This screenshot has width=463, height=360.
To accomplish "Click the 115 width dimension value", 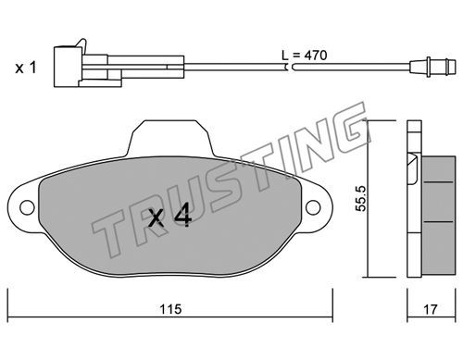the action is pos(170,309).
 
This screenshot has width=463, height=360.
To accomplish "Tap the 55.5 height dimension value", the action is pos(360,198).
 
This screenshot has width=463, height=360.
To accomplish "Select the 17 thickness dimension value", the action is pos(431,309).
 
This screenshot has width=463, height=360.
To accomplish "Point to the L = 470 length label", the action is pos(304,56).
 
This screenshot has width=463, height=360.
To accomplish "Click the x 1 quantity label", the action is pos(26,68).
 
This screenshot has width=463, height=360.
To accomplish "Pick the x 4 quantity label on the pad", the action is pos(170,217).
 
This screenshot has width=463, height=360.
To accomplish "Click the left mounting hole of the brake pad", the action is pos(27,207).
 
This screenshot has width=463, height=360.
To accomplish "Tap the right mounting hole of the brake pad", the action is pos(313,207).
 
